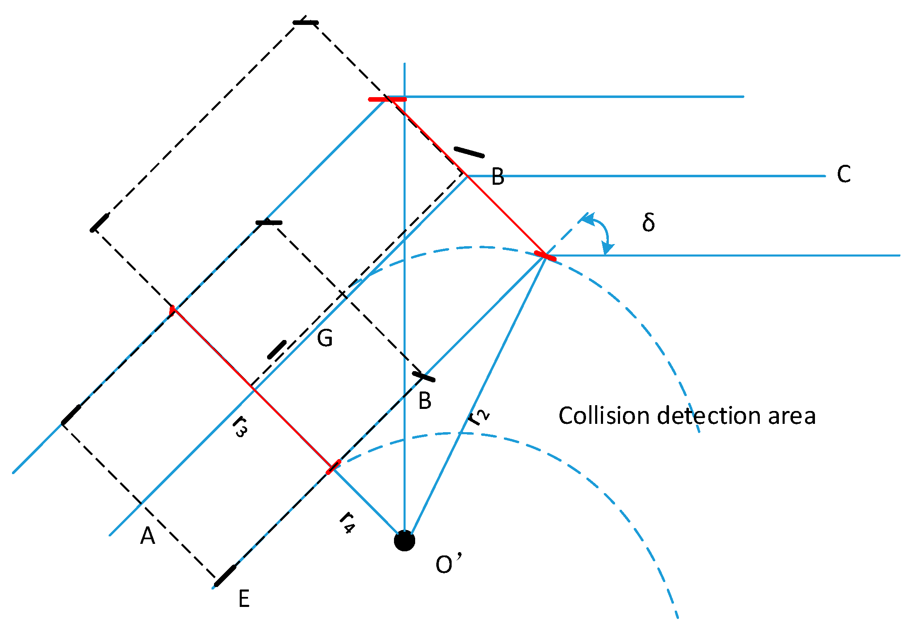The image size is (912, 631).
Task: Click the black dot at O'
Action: coord(404,541)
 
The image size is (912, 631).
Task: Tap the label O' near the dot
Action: coord(448,564)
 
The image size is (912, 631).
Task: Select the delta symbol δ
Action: coord(648,223)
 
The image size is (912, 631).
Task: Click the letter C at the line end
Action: coord(844,174)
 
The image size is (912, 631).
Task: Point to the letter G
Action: coord(325,338)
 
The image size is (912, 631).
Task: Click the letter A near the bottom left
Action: coord(148,536)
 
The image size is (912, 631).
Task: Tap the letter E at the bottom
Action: coord(244,599)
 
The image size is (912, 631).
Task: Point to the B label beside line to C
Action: coord(497,177)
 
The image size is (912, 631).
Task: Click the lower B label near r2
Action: coord(425,401)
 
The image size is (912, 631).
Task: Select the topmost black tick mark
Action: coord(306,22)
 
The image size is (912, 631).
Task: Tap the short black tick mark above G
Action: coord(277,350)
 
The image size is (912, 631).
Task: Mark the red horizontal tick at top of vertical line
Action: coord(387,99)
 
